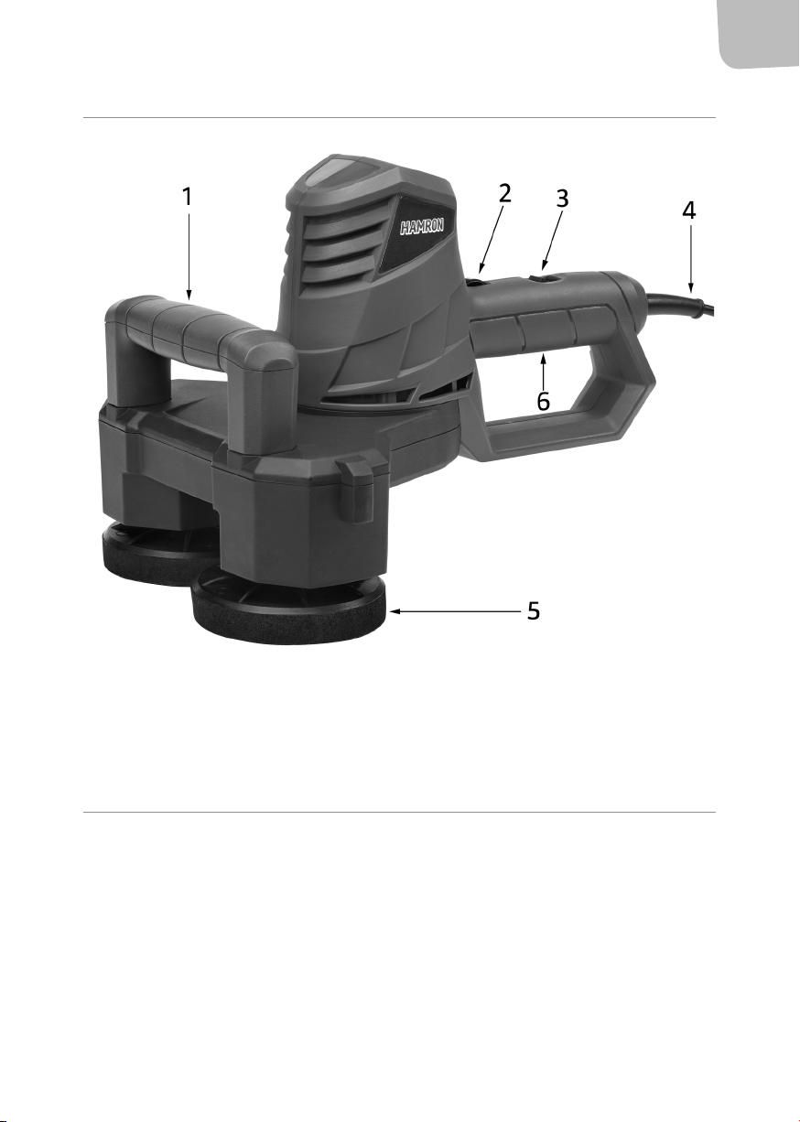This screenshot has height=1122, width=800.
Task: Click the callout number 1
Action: (187, 197)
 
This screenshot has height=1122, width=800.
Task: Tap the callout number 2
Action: (504, 193)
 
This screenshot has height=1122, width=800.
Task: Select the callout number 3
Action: (563, 199)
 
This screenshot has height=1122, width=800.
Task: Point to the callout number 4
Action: (689, 210)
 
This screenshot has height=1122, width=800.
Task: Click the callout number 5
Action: (534, 610)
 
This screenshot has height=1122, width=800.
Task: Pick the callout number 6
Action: (543, 401)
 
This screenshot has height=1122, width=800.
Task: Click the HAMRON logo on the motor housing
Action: (422, 227)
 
